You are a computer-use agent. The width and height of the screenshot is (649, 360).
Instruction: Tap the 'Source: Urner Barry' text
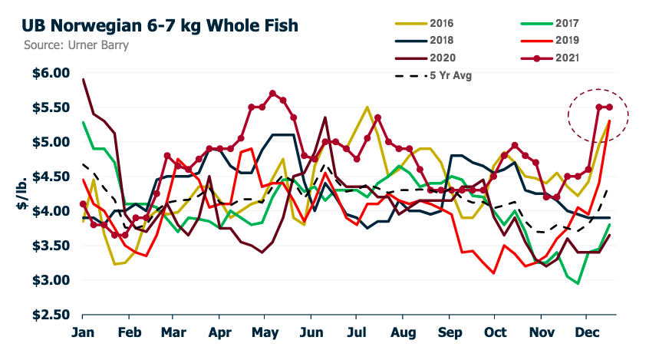[65, 45]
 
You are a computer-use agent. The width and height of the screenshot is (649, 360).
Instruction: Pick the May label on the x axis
[265, 334]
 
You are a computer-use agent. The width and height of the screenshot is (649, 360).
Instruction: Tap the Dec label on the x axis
[587, 334]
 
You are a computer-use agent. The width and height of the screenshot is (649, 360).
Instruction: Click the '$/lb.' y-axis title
[21, 195]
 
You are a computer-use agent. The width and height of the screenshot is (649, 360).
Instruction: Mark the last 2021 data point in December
[609, 107]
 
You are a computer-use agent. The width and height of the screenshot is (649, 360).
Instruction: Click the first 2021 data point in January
[83, 204]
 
